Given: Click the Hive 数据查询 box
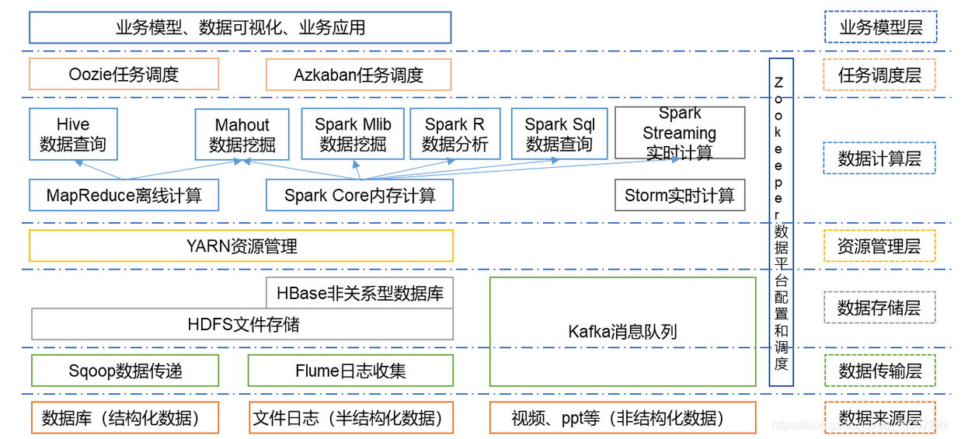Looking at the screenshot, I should (x=73, y=134).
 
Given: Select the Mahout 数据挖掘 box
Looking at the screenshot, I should (x=242, y=134).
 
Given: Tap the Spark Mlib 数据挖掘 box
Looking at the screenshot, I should (x=353, y=134).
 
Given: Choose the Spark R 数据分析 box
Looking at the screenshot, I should (x=454, y=134).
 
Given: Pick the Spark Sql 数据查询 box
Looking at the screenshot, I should (x=559, y=134).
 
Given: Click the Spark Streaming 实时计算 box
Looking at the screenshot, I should (x=680, y=133).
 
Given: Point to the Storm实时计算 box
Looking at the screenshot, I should (x=680, y=195).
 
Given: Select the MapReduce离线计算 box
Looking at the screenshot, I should (x=124, y=195).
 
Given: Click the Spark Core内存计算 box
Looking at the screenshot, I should (x=359, y=195).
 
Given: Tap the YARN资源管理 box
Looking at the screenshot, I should (x=241, y=246).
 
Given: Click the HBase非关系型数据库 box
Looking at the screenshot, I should (x=360, y=293).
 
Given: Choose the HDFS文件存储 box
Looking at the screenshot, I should (x=242, y=324).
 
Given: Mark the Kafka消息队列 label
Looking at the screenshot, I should (x=622, y=332).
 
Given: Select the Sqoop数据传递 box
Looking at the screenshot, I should (x=125, y=371).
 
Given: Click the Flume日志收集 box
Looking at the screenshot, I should (x=350, y=371).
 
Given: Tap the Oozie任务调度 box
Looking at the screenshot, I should (x=124, y=75).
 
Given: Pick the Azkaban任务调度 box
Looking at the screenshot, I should (x=358, y=75).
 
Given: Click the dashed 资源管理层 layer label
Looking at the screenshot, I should (x=879, y=246).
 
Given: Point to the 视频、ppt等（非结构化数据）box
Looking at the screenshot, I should (x=622, y=418).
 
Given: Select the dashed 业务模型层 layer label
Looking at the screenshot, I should (x=880, y=28).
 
